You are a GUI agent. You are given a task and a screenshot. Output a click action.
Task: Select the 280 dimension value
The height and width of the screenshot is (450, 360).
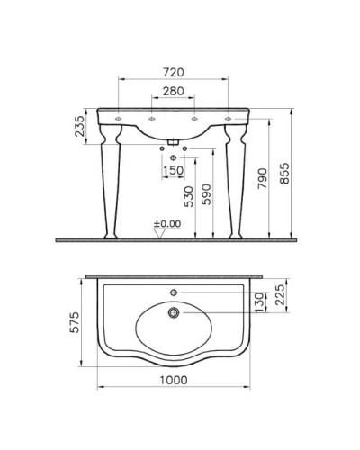point(174,91)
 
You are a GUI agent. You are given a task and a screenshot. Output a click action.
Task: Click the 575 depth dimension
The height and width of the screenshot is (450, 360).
point(77,319)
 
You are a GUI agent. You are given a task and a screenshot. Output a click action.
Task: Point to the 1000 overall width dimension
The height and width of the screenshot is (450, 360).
point(174,380)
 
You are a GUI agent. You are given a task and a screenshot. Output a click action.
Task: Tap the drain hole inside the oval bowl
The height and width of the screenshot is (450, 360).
point(174,312)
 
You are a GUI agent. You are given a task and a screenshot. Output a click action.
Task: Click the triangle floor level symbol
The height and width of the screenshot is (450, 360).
point(162,233)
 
